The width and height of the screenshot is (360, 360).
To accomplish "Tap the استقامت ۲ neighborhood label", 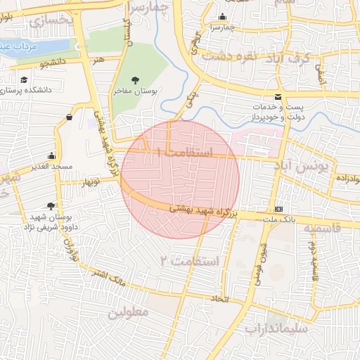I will tap(191, 261).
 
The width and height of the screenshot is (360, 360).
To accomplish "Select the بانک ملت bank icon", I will tap(279, 209).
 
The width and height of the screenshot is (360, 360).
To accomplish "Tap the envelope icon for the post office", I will tap(279, 96).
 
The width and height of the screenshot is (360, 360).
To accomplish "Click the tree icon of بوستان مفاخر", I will tap(135, 80).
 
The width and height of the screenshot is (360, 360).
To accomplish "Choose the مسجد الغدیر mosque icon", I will tap(51, 155).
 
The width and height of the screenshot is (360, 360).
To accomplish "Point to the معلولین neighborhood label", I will tap(127, 311).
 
